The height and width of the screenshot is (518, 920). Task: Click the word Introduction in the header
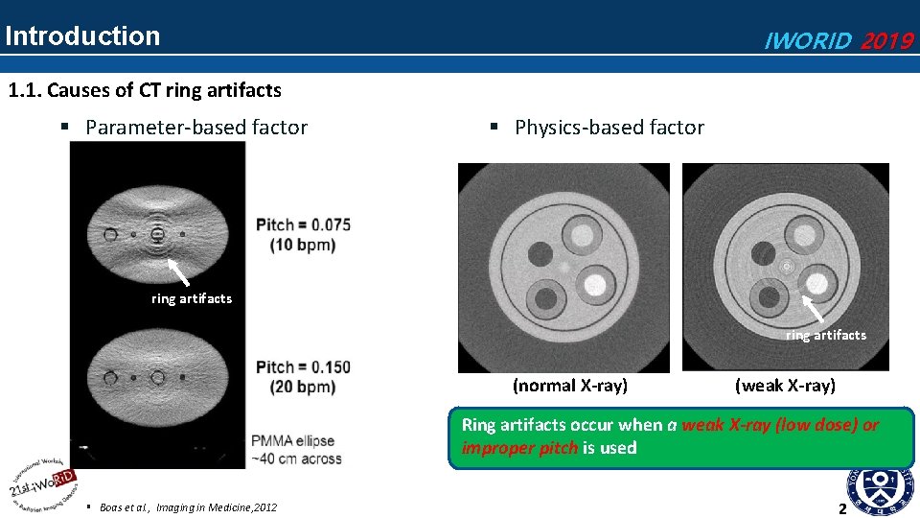point(82,36)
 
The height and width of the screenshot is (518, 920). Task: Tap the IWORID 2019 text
point(837,40)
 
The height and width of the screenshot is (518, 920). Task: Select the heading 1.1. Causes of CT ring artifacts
point(145,91)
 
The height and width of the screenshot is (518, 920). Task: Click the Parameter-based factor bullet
point(196,128)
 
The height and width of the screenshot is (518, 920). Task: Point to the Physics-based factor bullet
point(609,128)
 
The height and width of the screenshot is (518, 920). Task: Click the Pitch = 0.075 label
point(303,224)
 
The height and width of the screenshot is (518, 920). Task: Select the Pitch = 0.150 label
point(303,367)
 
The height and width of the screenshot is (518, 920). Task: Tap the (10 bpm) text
point(295,245)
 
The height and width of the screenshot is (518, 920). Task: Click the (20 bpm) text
point(295,387)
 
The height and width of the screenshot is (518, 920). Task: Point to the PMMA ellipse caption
point(294,441)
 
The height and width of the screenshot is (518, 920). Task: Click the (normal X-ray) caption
point(570,386)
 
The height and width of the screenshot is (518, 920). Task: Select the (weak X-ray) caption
point(785,386)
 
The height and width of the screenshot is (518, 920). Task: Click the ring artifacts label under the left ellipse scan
point(192,298)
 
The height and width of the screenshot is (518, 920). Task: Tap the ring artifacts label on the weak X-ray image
point(825,335)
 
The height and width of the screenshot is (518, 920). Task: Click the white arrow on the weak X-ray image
point(814,309)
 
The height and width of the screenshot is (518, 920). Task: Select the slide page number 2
point(842,508)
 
